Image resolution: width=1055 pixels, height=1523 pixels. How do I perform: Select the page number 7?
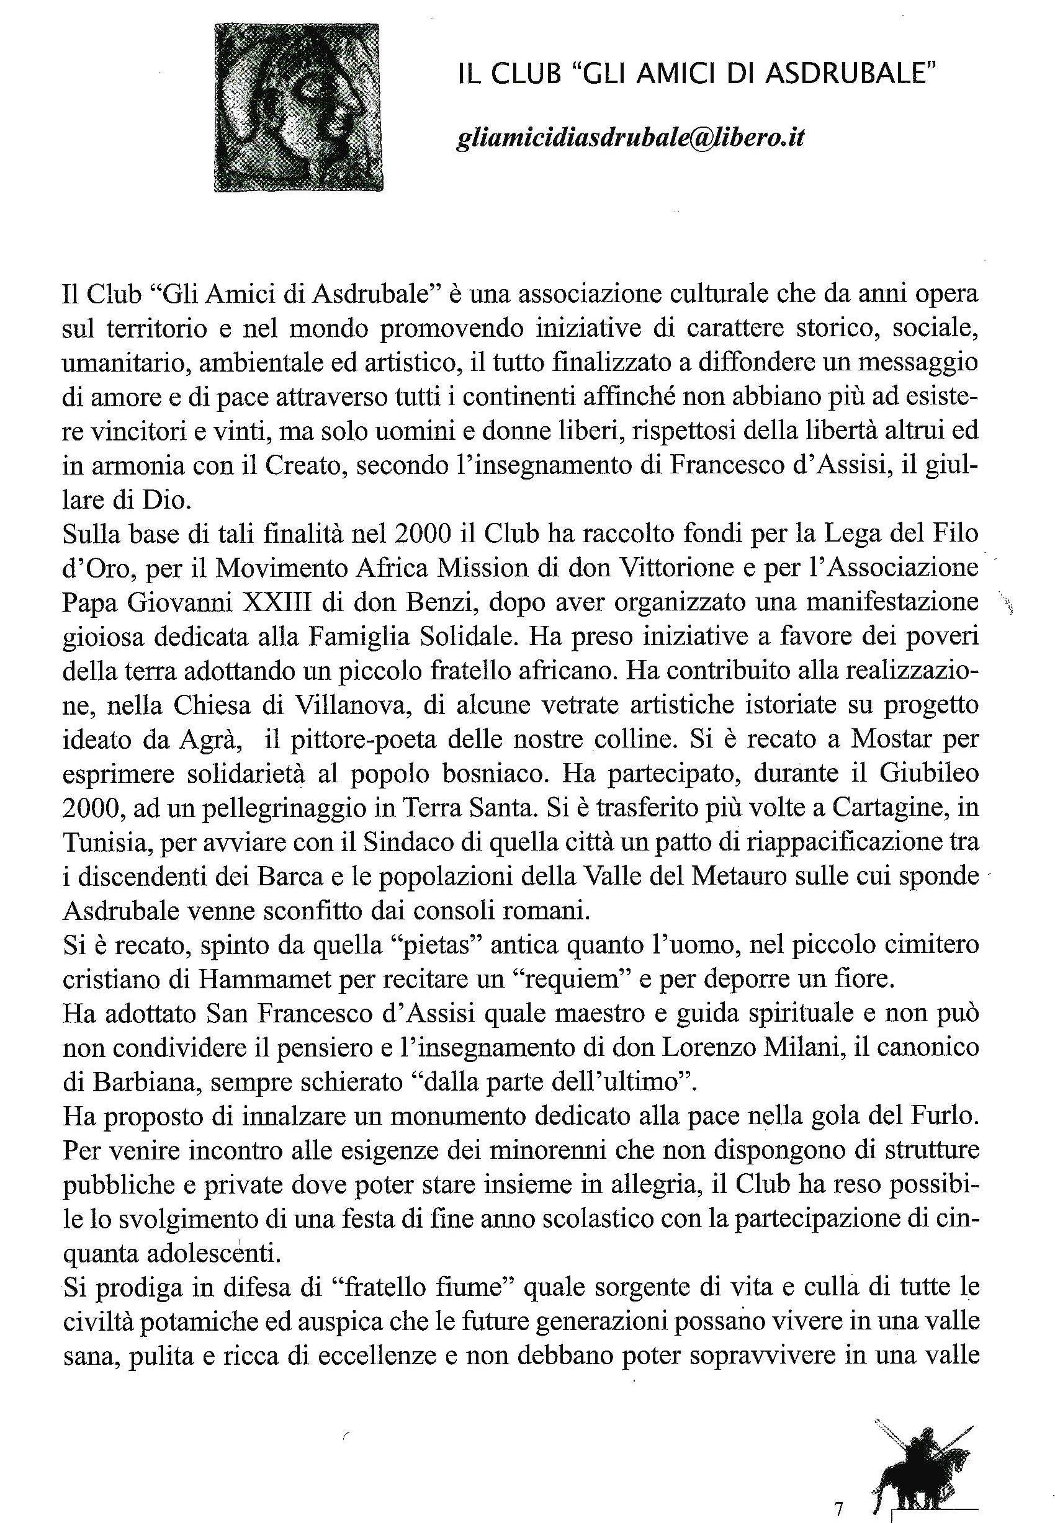tap(839, 1491)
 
